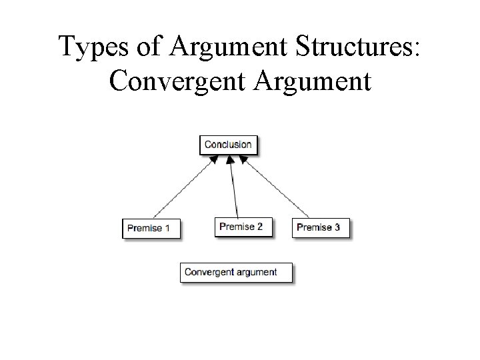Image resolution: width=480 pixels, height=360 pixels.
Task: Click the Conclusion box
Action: pos(228,145)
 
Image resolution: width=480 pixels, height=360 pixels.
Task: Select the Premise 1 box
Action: pos(151,228)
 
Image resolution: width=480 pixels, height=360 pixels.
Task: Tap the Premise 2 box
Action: pos(241,227)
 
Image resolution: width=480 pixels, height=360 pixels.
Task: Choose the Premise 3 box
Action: pos(320,227)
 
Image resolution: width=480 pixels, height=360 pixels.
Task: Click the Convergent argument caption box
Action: pos(237,272)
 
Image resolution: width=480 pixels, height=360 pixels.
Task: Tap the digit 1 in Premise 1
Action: pos(167,228)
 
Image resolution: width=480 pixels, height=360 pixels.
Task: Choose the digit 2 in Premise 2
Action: pos(259,227)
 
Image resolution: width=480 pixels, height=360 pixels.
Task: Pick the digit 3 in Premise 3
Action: pos(337,227)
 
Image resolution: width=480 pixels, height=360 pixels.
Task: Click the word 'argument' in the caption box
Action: pos(257,273)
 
